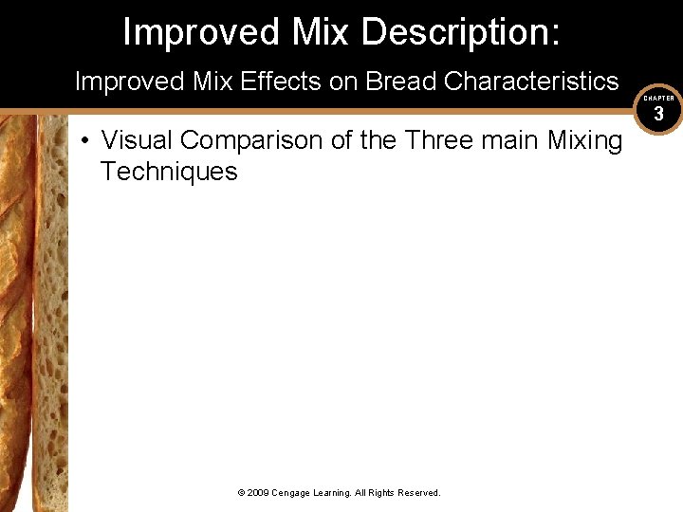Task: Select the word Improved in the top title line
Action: tap(194, 32)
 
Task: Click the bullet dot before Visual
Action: tap(85, 141)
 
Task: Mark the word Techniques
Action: tap(169, 172)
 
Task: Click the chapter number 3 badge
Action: tap(658, 114)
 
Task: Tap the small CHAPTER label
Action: tap(658, 98)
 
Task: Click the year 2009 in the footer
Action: tap(259, 493)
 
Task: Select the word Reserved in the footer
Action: tap(418, 493)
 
